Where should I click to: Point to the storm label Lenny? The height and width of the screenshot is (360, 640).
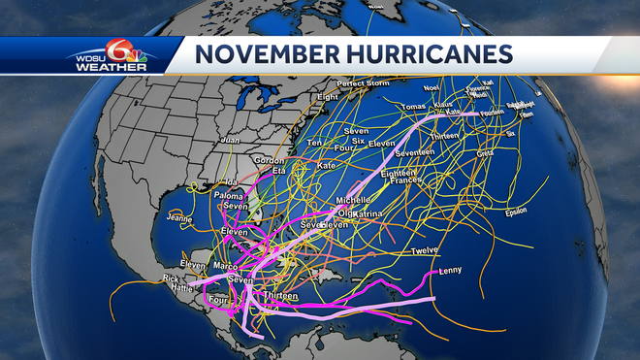pyautogui.click(x=450, y=271)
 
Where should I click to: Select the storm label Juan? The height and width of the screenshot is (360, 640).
pyautogui.click(x=230, y=141)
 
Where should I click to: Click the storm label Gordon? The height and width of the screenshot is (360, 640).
pyautogui.click(x=267, y=160)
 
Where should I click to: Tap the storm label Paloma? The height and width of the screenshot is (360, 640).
pyautogui.click(x=229, y=196)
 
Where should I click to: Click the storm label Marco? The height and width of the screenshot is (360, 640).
pyautogui.click(x=225, y=267)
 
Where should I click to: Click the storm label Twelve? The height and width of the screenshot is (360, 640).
pyautogui.click(x=426, y=251)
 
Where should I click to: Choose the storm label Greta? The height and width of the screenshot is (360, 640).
pyautogui.click(x=486, y=153)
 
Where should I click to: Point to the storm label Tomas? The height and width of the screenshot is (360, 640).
pyautogui.click(x=412, y=106)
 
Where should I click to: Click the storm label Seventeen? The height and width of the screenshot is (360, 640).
pyautogui.click(x=415, y=152)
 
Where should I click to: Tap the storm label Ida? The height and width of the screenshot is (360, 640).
pyautogui.click(x=231, y=182)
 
